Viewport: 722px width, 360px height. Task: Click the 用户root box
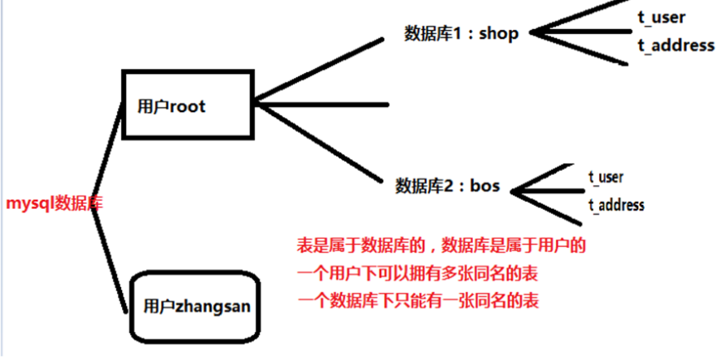[x=185, y=105]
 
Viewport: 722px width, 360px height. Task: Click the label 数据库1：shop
[x=461, y=33]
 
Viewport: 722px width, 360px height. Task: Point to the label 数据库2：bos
[x=447, y=185]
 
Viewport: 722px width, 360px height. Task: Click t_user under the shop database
[x=662, y=17]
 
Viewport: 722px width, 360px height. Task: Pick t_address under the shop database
[x=676, y=45]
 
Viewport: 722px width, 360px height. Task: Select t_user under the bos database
[x=606, y=177]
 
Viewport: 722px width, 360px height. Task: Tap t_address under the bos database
[x=616, y=204]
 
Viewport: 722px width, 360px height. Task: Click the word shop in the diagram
[x=499, y=33]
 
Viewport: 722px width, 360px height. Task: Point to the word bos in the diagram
[x=485, y=185]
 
